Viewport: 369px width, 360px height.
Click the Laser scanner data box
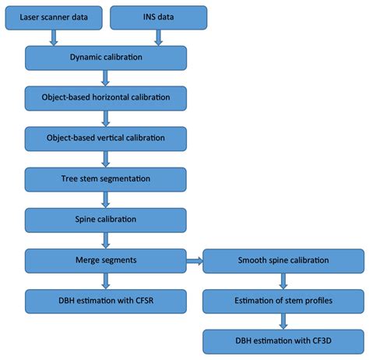click(x=54, y=16)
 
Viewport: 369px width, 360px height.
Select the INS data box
click(x=159, y=16)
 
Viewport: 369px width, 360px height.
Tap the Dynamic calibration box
click(x=106, y=57)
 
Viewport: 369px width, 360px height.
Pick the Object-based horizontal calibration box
click(x=106, y=97)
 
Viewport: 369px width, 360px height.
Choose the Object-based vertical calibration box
click(x=106, y=138)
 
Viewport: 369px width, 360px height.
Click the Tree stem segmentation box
click(x=106, y=178)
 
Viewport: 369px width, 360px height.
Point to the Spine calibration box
click(x=106, y=219)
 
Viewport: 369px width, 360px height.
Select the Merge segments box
click(x=106, y=259)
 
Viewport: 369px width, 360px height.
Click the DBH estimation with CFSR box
click(x=106, y=300)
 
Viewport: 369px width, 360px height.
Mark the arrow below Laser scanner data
click(x=54, y=36)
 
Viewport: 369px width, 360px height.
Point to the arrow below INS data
click(x=158, y=36)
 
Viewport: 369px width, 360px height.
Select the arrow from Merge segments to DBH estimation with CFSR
click(x=106, y=280)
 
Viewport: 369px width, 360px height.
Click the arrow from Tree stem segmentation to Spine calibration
click(x=106, y=199)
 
